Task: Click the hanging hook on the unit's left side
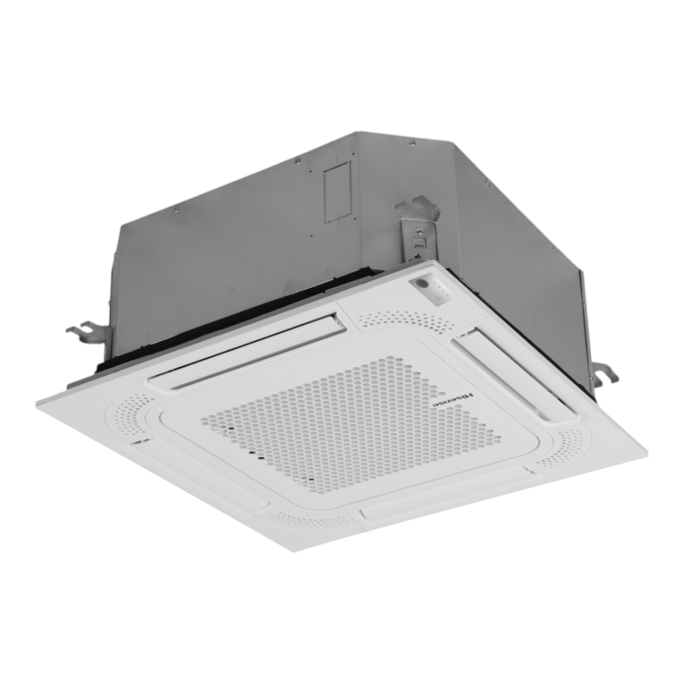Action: [88, 332]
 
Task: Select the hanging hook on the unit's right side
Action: [605, 376]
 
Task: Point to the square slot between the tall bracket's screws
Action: [417, 243]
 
